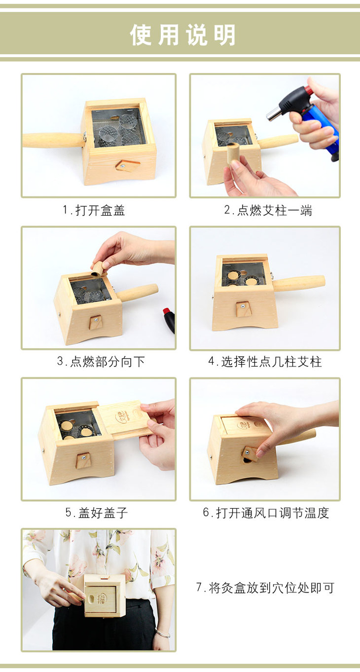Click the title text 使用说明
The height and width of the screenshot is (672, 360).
click(x=182, y=36)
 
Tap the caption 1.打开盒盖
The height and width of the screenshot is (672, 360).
click(x=94, y=210)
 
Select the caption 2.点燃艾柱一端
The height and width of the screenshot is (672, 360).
click(x=268, y=210)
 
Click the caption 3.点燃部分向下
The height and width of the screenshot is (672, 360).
click(x=101, y=362)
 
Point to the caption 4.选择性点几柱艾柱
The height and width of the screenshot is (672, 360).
click(x=265, y=362)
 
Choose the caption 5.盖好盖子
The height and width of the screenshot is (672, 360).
click(x=97, y=513)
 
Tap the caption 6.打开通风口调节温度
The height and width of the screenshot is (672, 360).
click(x=266, y=513)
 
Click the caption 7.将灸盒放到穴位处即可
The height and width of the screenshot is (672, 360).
click(x=265, y=588)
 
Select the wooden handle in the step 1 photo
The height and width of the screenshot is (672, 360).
click(x=52, y=141)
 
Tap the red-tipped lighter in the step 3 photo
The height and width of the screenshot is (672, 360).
click(x=169, y=319)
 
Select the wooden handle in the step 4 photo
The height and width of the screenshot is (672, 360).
click(x=299, y=283)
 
